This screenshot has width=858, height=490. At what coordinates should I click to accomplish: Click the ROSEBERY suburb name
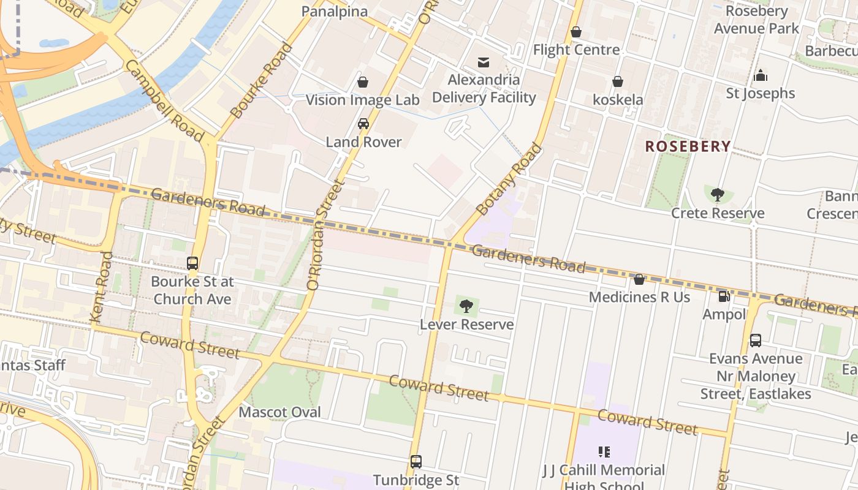(x=688, y=146)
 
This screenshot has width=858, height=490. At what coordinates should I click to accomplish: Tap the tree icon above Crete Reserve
(x=717, y=195)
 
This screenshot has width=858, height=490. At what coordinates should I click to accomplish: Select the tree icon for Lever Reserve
(x=466, y=306)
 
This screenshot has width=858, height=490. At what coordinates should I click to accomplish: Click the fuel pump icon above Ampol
(x=724, y=296)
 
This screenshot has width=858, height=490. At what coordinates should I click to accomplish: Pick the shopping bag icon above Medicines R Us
(x=639, y=279)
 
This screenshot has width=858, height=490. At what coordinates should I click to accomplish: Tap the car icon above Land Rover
(x=363, y=124)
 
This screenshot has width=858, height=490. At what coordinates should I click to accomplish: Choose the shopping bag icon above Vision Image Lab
(x=363, y=82)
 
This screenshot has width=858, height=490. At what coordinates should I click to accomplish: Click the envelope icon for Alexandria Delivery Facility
(x=484, y=62)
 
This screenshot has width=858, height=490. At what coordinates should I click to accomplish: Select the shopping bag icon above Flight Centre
(x=576, y=32)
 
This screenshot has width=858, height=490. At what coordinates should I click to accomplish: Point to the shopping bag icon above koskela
(x=618, y=81)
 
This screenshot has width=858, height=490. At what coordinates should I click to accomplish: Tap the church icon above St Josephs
(x=761, y=75)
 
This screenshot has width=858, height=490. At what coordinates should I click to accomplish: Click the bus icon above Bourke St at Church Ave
(x=192, y=263)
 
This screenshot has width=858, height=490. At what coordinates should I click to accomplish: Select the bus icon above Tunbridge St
(x=416, y=462)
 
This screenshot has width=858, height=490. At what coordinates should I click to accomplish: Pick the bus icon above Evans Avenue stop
(x=756, y=341)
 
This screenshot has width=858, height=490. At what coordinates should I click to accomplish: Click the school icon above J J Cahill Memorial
(x=604, y=452)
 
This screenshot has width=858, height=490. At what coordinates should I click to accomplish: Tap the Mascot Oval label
(x=279, y=412)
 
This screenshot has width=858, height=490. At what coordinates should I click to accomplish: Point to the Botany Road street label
(x=510, y=179)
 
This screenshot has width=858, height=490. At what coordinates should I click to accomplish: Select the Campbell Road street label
(x=164, y=100)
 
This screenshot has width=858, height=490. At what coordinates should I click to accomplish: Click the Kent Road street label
(x=102, y=287)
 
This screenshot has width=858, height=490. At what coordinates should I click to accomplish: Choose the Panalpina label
(x=335, y=11)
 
